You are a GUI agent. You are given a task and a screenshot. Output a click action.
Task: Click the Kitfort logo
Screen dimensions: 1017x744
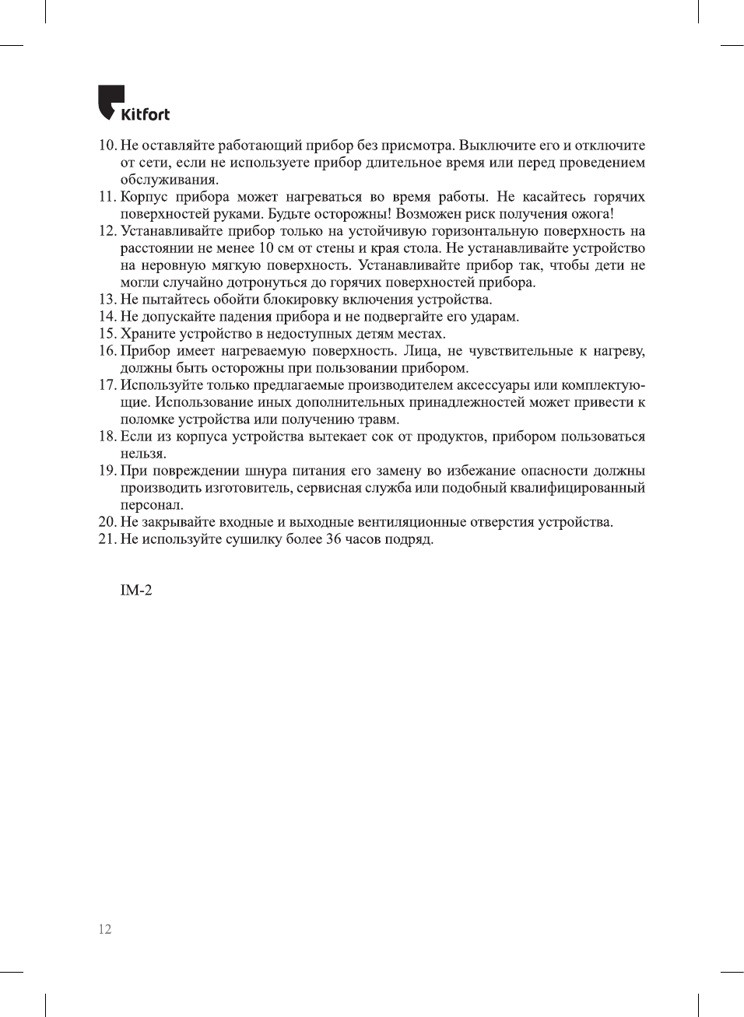pyautogui.click(x=133, y=103)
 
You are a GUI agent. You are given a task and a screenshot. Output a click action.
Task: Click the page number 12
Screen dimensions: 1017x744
pyautogui.click(x=105, y=929)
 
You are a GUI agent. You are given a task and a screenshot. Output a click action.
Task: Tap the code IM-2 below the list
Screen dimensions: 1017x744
pyautogui.click(x=136, y=591)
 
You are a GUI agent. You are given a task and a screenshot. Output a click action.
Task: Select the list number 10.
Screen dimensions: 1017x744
pyautogui.click(x=107, y=146)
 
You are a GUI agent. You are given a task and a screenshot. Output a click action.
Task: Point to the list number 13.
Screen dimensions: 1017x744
pyautogui.click(x=107, y=300)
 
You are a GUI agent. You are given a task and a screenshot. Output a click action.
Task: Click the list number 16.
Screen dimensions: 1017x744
pyautogui.click(x=107, y=351)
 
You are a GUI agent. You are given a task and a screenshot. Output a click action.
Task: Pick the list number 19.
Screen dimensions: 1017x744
pyautogui.click(x=107, y=471)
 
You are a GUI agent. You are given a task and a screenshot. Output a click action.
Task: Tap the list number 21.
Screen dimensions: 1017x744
pyautogui.click(x=107, y=539)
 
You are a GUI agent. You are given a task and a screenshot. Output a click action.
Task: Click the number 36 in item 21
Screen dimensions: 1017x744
pyautogui.click(x=334, y=539)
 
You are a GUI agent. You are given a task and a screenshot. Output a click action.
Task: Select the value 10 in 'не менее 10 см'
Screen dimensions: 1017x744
pyautogui.click(x=266, y=248)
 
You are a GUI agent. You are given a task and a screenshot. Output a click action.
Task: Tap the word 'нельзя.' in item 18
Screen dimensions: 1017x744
pyautogui.click(x=143, y=454)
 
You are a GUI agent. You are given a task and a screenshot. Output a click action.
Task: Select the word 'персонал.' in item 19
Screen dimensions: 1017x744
pyautogui.click(x=152, y=505)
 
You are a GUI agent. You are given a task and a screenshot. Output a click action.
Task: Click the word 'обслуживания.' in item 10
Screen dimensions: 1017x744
pyautogui.click(x=169, y=180)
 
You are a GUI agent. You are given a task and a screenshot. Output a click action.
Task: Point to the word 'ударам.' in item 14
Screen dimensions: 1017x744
pyautogui.click(x=495, y=317)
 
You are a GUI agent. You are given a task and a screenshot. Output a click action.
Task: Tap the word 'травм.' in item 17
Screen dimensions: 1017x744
pyautogui.click(x=378, y=419)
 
